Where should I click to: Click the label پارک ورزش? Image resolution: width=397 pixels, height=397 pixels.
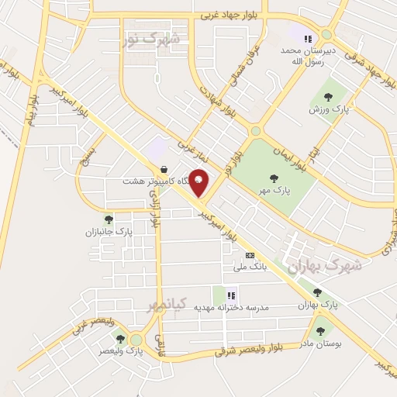click(x=326, y=109)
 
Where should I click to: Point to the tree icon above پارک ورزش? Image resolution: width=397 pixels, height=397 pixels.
click(x=328, y=97)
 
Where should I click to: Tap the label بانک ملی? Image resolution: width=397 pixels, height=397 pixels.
click(x=250, y=267)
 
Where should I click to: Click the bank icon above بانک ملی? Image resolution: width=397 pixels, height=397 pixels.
click(x=250, y=254)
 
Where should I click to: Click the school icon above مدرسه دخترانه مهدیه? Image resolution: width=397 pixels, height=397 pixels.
click(x=231, y=295)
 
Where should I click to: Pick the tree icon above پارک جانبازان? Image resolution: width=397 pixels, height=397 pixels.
click(x=109, y=219)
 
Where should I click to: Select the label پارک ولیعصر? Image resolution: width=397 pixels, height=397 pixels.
click(x=121, y=350)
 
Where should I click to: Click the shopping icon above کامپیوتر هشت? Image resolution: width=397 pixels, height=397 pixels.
click(x=164, y=168)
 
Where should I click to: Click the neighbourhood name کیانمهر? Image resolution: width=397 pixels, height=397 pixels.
click(x=167, y=305)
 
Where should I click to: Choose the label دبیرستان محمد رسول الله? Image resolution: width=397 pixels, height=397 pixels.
click(x=310, y=55)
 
